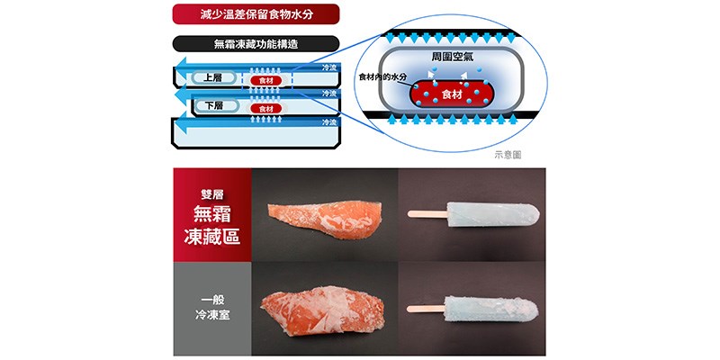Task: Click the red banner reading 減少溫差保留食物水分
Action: click(x=256, y=13)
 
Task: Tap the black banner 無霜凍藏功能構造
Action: click(x=256, y=44)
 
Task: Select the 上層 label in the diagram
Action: click(x=214, y=78)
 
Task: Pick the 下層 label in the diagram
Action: click(x=215, y=105)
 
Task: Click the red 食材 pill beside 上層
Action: click(x=266, y=81)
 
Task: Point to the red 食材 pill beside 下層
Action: click(x=266, y=109)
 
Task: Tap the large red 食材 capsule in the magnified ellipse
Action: click(x=452, y=94)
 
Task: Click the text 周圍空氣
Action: click(x=453, y=58)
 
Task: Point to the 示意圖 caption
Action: click(x=508, y=155)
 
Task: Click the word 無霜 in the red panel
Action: click(x=211, y=214)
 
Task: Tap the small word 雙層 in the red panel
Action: click(x=211, y=194)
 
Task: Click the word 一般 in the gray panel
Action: click(x=212, y=301)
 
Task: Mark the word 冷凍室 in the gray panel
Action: click(x=212, y=316)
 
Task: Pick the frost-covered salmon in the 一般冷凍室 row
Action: click(x=322, y=310)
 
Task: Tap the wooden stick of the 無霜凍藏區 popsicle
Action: click(x=427, y=214)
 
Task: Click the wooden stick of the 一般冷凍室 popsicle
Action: click(x=426, y=309)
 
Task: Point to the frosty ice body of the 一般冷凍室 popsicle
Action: click(x=491, y=309)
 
